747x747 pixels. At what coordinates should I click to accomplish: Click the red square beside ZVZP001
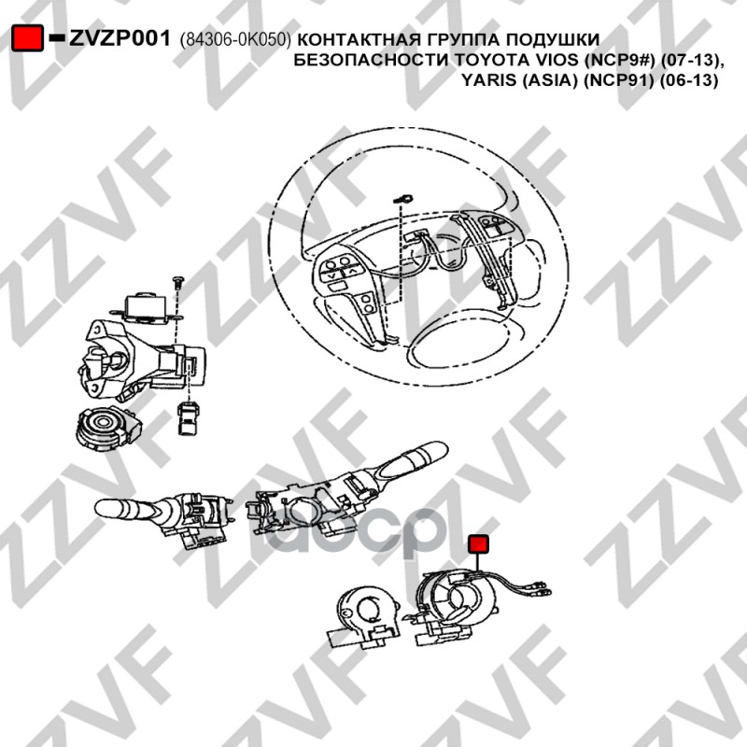pyautogui.click(x=27, y=38)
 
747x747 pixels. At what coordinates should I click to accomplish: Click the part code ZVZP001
pyautogui.click(x=120, y=38)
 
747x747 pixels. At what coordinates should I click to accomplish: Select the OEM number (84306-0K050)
pyautogui.click(x=235, y=40)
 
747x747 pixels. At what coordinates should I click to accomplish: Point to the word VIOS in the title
pyautogui.click(x=541, y=60)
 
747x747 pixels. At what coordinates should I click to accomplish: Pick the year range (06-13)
pyautogui.click(x=688, y=80)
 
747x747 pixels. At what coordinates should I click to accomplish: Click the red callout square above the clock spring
pyautogui.click(x=478, y=544)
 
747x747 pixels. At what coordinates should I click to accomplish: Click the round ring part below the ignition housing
pyautogui.click(x=108, y=428)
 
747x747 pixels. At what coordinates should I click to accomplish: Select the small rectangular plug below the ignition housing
pyautogui.click(x=188, y=417)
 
